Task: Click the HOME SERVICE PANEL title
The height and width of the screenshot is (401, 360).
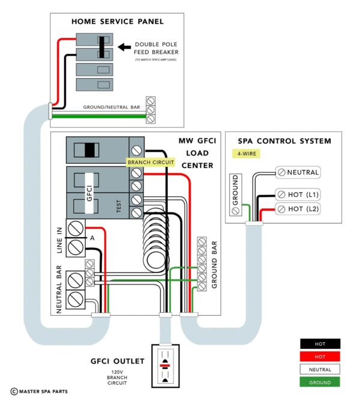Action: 118,22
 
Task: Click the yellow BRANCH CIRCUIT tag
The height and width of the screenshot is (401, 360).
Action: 150,162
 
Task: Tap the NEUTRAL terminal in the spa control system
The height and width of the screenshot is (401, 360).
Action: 298,172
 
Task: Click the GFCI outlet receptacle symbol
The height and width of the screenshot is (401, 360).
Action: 164,364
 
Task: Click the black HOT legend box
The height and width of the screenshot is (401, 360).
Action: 320,344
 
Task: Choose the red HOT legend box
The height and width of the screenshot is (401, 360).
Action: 320,357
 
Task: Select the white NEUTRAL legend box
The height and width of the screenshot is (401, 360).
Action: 320,369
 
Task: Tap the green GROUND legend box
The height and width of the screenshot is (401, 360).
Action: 320,382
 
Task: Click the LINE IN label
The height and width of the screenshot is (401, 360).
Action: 60,239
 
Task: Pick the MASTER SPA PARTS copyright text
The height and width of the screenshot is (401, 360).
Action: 38,391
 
